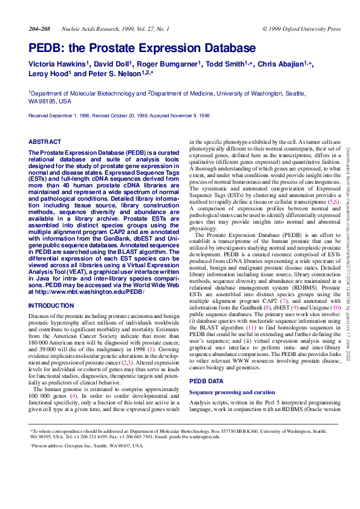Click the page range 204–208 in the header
point(39,28)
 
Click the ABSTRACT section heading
point(45,141)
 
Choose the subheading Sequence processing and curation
point(233,392)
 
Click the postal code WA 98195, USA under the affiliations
point(50,102)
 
